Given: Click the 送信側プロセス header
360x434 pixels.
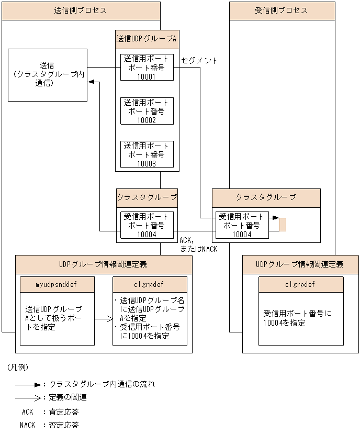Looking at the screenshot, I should (x=81, y=10).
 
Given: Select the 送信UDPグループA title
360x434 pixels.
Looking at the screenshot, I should (x=147, y=39).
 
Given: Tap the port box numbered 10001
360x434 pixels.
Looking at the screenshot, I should (x=147, y=68).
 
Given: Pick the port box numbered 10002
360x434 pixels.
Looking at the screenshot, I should (x=147, y=111).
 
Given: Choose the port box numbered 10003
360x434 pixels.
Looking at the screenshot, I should (x=147, y=154).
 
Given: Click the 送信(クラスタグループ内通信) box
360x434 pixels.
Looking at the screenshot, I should (x=47, y=74).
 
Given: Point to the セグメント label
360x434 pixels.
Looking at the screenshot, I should (x=199, y=61).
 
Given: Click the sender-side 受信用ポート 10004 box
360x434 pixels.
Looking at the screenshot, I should (x=147, y=225).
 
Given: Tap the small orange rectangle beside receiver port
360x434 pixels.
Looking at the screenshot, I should (x=283, y=224).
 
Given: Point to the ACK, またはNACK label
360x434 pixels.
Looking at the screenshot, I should (x=198, y=244).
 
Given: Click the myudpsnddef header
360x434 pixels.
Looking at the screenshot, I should (x=57, y=285).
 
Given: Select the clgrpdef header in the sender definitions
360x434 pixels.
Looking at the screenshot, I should (x=150, y=285).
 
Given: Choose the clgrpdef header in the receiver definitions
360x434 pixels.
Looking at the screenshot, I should (x=301, y=285).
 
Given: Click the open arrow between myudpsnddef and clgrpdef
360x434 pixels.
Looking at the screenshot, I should (x=103, y=318).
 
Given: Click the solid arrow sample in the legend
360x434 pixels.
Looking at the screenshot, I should (x=30, y=384).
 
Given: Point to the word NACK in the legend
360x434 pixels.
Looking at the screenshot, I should (x=28, y=425).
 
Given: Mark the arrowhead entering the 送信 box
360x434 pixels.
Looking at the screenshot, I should (x=91, y=82).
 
